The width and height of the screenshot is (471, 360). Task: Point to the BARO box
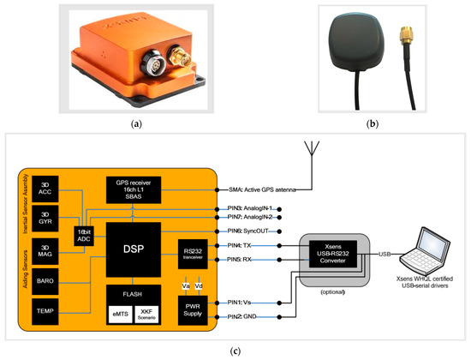tap(45, 279)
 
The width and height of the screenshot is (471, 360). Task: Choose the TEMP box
tap(45, 309)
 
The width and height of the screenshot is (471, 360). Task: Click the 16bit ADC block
tap(84, 234)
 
